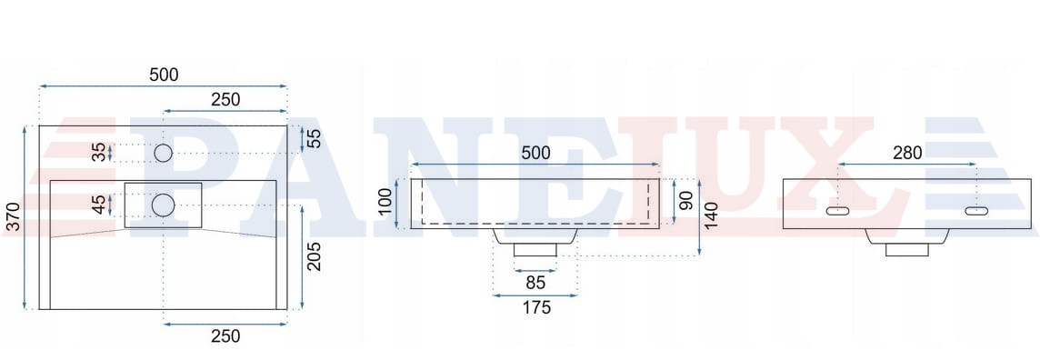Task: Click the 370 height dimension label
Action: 12,217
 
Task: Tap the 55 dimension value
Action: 314,138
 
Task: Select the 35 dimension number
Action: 99,152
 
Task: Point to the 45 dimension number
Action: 99,205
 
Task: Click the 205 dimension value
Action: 314,256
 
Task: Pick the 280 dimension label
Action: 907,153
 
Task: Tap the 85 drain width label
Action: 535,283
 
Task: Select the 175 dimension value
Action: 536,307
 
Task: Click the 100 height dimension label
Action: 385,202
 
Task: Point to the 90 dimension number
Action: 686,200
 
